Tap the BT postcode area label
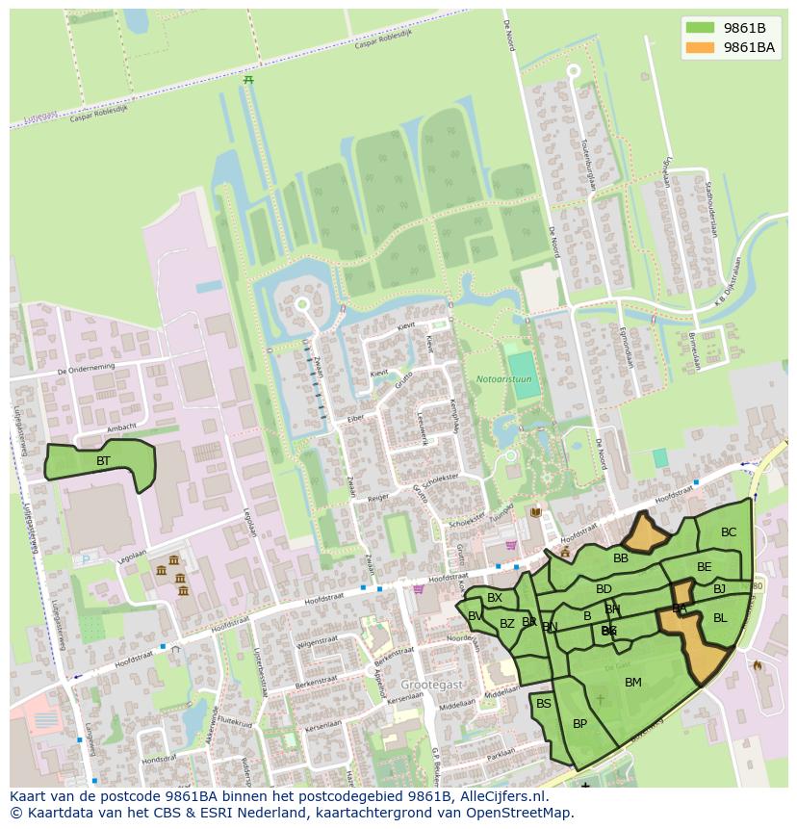[x=103, y=461]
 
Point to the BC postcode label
[x=729, y=532]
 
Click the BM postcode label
[x=632, y=683]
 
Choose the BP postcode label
[x=579, y=724]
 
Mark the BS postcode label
[x=544, y=704]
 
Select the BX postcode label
[x=495, y=598]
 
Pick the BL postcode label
[x=720, y=617]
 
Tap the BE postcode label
[x=705, y=567]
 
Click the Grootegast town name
[x=432, y=684]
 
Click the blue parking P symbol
[x=86, y=558]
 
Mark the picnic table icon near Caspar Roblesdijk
[x=248, y=81]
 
